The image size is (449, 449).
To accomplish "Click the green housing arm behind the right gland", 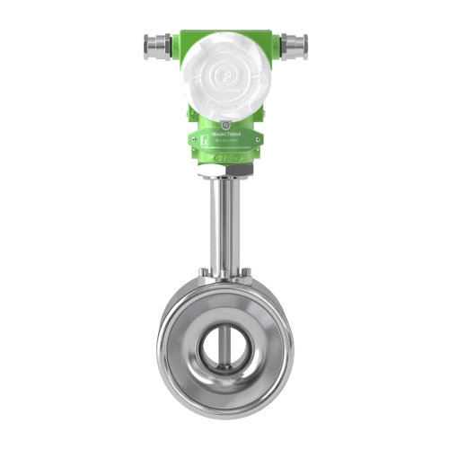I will click(x=271, y=42).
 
